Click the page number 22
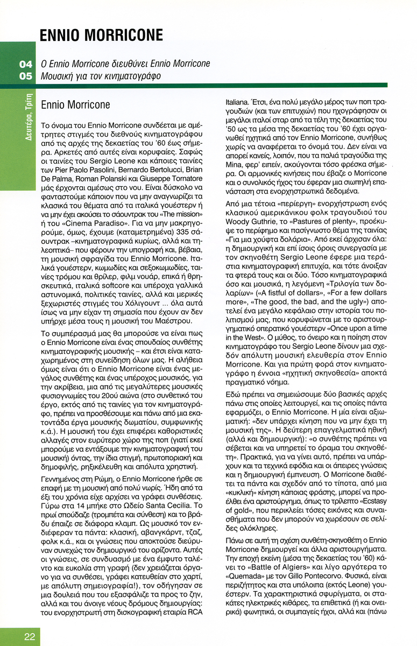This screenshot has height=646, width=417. [30, 637]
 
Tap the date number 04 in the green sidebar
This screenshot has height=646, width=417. [26, 64]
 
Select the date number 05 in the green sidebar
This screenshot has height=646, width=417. [26, 76]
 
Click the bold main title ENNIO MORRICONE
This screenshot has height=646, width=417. [101, 36]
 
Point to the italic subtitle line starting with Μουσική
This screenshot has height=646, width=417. [101, 76]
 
